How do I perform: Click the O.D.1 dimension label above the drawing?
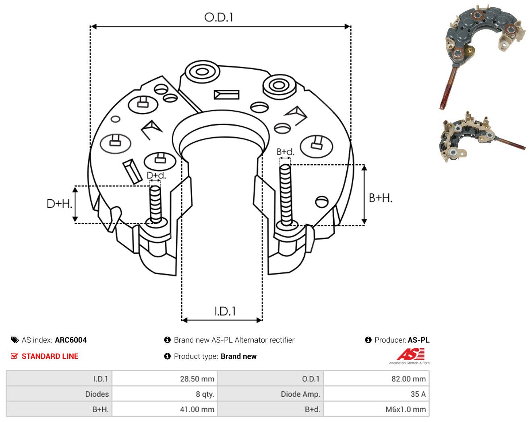pyautogui.click(x=218, y=17)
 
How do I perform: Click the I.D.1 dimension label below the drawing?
pyautogui.click(x=225, y=311)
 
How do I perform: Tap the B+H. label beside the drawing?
pyautogui.click(x=380, y=198)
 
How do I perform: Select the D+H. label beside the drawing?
pyautogui.click(x=59, y=204)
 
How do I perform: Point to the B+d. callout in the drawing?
pyautogui.click(x=286, y=152)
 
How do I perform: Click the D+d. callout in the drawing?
pyautogui.click(x=156, y=175)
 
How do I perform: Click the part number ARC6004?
pyautogui.click(x=71, y=340)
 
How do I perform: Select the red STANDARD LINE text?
pyautogui.click(x=50, y=356)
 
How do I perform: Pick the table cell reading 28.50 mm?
pyautogui.click(x=164, y=379)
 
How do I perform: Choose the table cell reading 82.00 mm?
pyautogui.click(x=376, y=379)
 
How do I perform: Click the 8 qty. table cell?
pyautogui.click(x=164, y=394)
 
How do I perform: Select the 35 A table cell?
pyautogui.click(x=376, y=394)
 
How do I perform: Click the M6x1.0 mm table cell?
pyautogui.click(x=376, y=409)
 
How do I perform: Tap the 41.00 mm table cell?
pyautogui.click(x=164, y=409)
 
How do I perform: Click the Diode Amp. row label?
pyautogui.click(x=300, y=394)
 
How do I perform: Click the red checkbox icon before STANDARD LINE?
pyautogui.click(x=14, y=356)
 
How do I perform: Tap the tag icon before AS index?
pyautogui.click(x=15, y=340)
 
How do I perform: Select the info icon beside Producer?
pyautogui.click(x=368, y=340)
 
